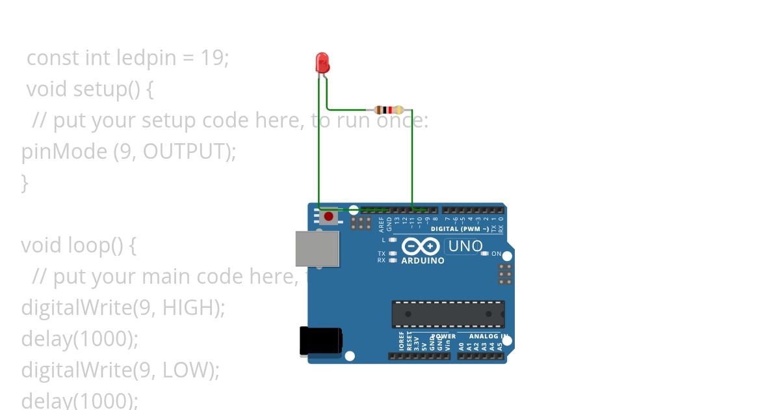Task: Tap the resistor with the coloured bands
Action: point(389,110)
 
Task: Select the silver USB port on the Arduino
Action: point(317,249)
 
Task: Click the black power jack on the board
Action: point(320,342)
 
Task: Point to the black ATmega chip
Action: point(448,314)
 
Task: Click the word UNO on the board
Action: point(465,247)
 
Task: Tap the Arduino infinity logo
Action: point(421,247)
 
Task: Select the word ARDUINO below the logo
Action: point(422,261)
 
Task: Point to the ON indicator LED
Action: point(485,253)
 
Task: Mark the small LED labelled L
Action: point(392,240)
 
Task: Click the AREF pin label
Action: point(382,225)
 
